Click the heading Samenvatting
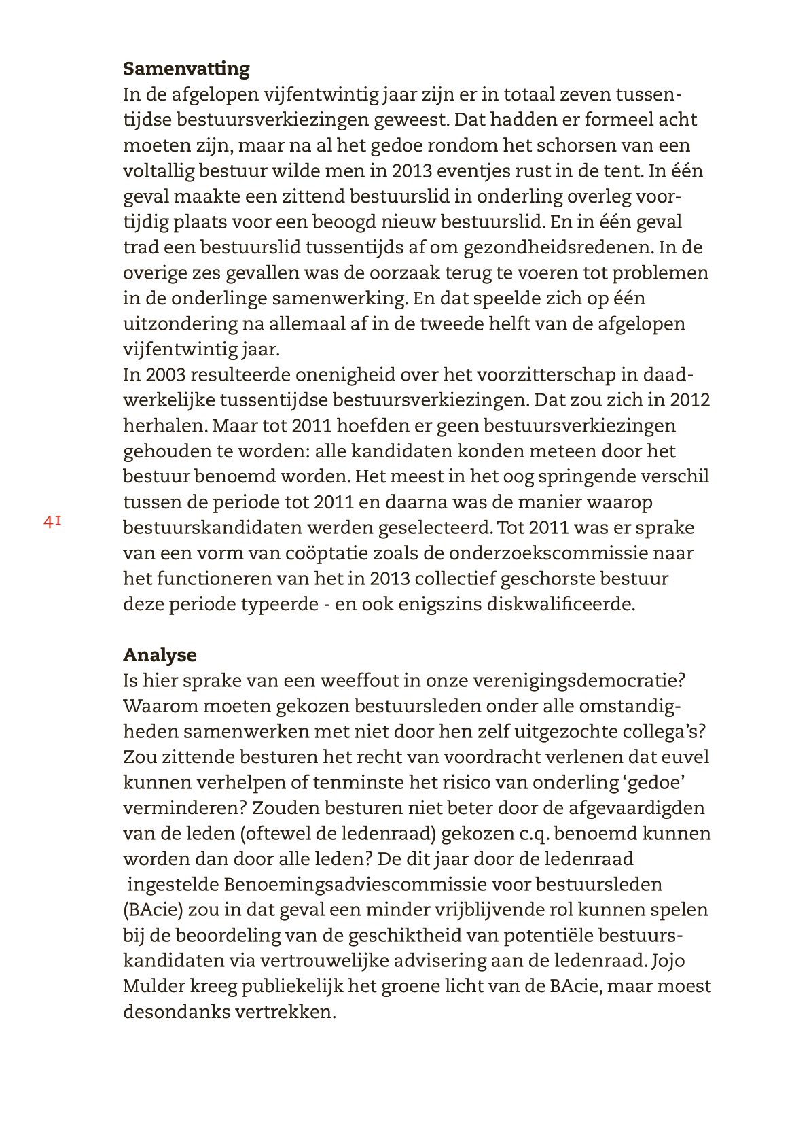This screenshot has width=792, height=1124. tap(186, 69)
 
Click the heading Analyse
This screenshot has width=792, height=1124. tap(160, 655)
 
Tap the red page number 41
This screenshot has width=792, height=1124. tap(53, 522)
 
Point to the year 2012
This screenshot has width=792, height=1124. tap(689, 400)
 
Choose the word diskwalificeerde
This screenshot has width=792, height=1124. tap(560, 604)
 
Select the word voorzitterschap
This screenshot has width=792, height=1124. tap(541, 375)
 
